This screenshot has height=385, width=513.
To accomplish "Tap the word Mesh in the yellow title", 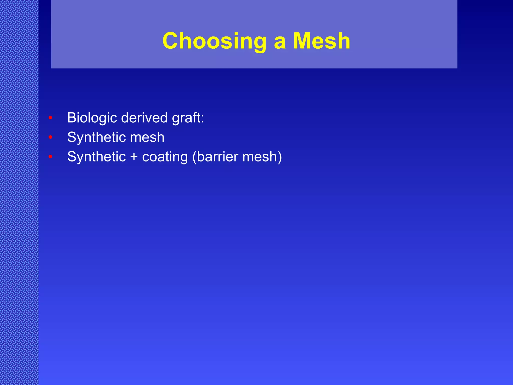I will pyautogui.click(x=322, y=41).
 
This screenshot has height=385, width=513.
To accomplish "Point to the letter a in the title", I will pyautogui.click(x=280, y=43).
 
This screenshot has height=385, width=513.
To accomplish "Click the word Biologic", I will pyautogui.click(x=92, y=118).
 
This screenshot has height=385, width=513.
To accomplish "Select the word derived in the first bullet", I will pyautogui.click(x=144, y=118).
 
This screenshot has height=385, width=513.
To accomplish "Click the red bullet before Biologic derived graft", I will pyautogui.click(x=50, y=118).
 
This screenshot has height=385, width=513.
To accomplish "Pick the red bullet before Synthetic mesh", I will pyautogui.click(x=50, y=137).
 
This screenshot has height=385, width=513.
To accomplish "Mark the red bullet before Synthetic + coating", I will pyautogui.click(x=50, y=157).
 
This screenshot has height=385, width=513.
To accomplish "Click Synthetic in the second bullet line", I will pyautogui.click(x=96, y=137).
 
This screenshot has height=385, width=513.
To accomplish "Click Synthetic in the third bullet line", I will pyautogui.click(x=96, y=157).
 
